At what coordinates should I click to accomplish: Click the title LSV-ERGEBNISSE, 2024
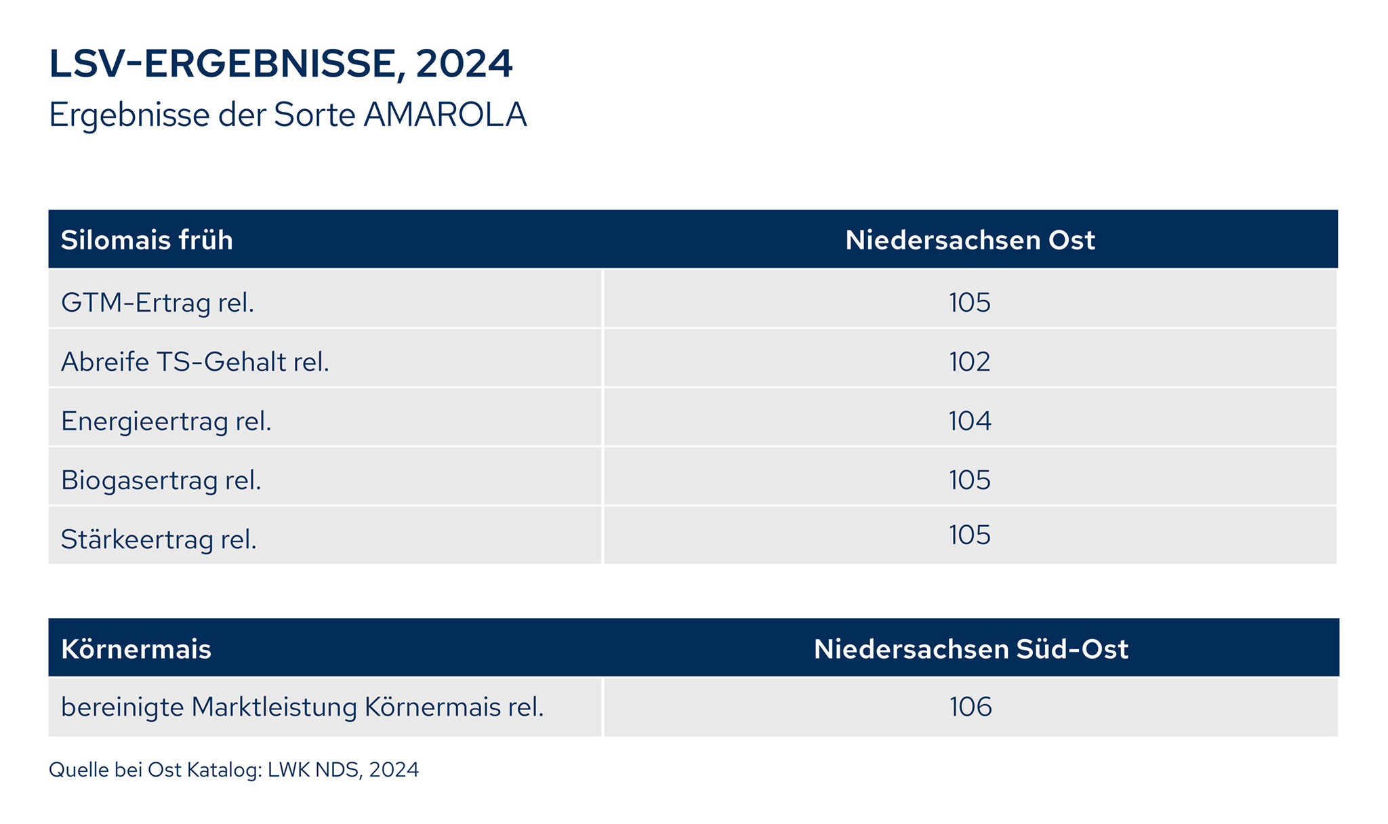(x=281, y=64)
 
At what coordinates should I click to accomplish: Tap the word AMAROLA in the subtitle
(x=445, y=115)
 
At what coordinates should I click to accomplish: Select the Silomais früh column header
(x=147, y=241)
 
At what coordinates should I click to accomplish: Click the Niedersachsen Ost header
(x=970, y=241)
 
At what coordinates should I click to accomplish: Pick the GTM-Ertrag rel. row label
(x=157, y=302)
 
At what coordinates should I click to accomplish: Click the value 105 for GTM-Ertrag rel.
(x=969, y=302)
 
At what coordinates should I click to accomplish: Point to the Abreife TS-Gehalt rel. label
(x=195, y=362)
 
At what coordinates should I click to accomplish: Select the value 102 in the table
(x=969, y=362)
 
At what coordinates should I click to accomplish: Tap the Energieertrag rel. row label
(x=166, y=421)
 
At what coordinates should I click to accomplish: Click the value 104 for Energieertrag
(x=969, y=421)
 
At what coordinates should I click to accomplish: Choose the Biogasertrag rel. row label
(x=161, y=480)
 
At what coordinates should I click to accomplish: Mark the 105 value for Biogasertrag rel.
(x=969, y=480)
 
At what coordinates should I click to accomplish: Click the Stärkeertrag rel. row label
(x=159, y=539)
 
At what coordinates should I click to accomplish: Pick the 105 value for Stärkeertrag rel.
(x=969, y=535)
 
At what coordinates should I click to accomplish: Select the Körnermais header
(x=136, y=649)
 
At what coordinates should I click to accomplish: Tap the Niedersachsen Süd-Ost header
(x=971, y=649)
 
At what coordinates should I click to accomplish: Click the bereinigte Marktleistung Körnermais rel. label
(x=302, y=707)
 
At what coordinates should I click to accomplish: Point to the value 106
(x=971, y=707)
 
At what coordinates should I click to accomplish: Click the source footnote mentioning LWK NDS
(x=234, y=770)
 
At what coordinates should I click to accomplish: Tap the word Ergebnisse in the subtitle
(x=129, y=115)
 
